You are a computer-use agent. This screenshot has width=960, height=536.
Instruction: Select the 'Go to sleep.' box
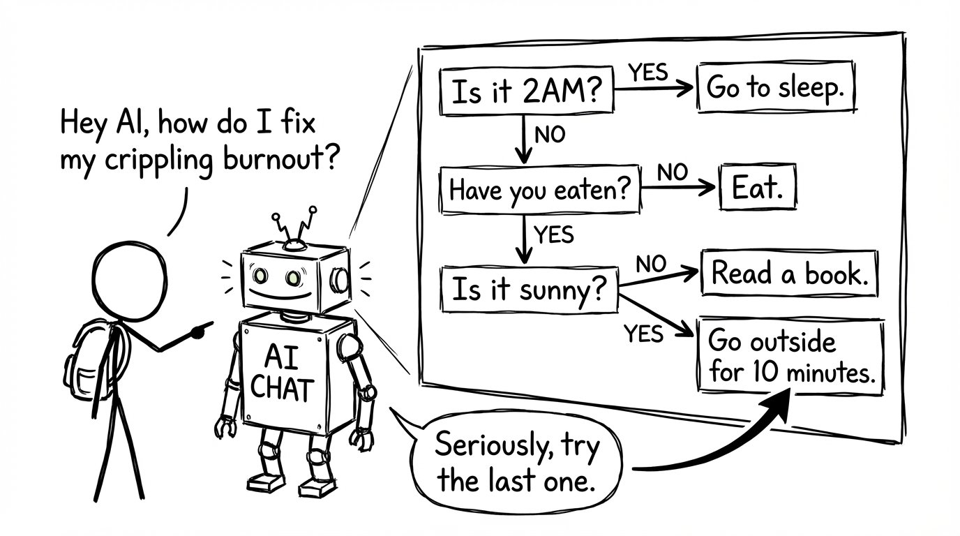776,88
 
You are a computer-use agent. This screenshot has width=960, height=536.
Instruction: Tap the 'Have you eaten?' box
539,190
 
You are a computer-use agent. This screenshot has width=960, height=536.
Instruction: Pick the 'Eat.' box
756,187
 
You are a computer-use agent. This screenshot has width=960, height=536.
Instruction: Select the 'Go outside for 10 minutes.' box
790,357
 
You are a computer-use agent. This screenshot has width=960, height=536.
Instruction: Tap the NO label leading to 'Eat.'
673,172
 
